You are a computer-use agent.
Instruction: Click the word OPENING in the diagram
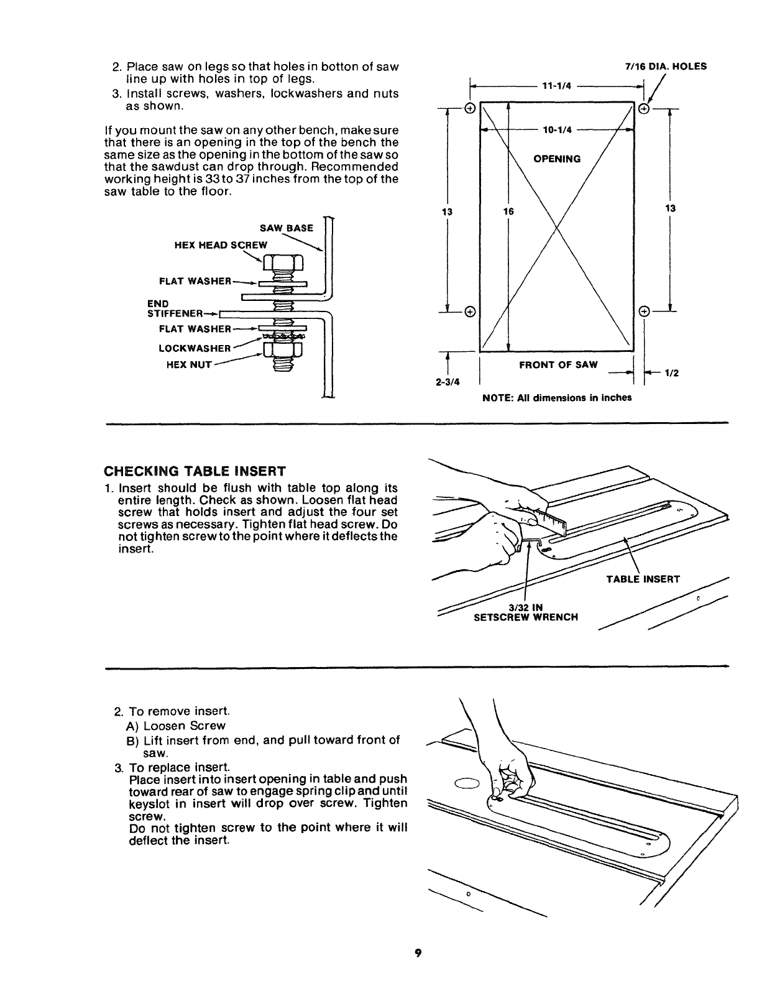pyautogui.click(x=557, y=159)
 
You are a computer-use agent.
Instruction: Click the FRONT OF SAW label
pyautogui.click(x=558, y=365)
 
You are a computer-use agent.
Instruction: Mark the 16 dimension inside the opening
pyautogui.click(x=509, y=211)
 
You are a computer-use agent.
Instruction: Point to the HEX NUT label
pyautogui.click(x=189, y=366)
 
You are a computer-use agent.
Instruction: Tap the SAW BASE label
pyautogui.click(x=287, y=229)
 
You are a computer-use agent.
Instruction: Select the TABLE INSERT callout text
pyautogui.click(x=643, y=579)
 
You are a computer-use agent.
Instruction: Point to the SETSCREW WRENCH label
pyautogui.click(x=525, y=617)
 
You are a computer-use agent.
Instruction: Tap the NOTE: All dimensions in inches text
pyautogui.click(x=557, y=398)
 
